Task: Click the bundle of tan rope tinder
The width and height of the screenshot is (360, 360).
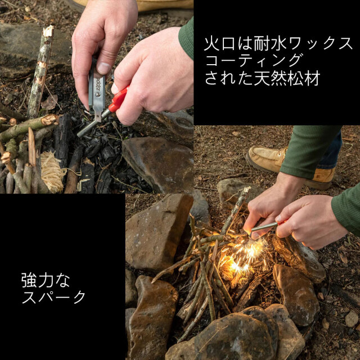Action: [52, 172]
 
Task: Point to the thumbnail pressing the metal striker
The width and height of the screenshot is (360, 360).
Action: [103, 67]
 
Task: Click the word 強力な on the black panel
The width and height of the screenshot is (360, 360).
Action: [46, 280]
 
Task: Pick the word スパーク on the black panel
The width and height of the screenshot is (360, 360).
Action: [54, 297]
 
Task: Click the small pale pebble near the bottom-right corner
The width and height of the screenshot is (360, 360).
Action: [352, 319]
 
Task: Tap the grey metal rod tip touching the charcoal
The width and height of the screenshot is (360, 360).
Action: [80, 133]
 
